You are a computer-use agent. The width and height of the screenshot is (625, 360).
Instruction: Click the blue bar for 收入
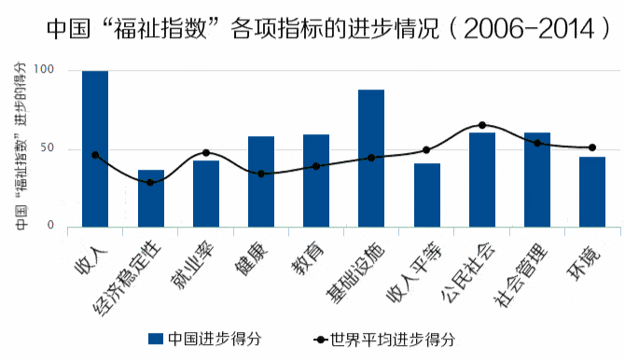click(95, 149)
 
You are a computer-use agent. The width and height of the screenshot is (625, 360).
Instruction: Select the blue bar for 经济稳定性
click(150, 199)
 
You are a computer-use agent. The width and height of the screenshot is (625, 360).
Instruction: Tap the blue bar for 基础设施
click(371, 159)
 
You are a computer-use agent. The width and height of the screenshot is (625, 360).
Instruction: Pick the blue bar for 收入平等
click(426, 195)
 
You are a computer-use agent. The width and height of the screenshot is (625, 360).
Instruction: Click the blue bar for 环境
click(591, 192)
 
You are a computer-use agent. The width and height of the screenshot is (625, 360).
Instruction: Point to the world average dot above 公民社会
click(482, 125)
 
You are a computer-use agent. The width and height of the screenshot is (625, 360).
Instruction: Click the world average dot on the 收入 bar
click(95, 155)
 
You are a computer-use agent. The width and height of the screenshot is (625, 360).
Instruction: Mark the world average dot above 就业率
click(205, 153)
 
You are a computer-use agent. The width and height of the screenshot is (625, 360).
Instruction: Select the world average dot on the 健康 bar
click(261, 173)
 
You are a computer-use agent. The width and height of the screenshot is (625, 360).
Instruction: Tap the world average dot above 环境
click(591, 147)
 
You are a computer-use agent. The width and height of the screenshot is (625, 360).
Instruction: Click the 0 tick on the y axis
click(50, 227)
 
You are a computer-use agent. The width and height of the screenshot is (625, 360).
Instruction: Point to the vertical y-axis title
click(19, 149)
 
